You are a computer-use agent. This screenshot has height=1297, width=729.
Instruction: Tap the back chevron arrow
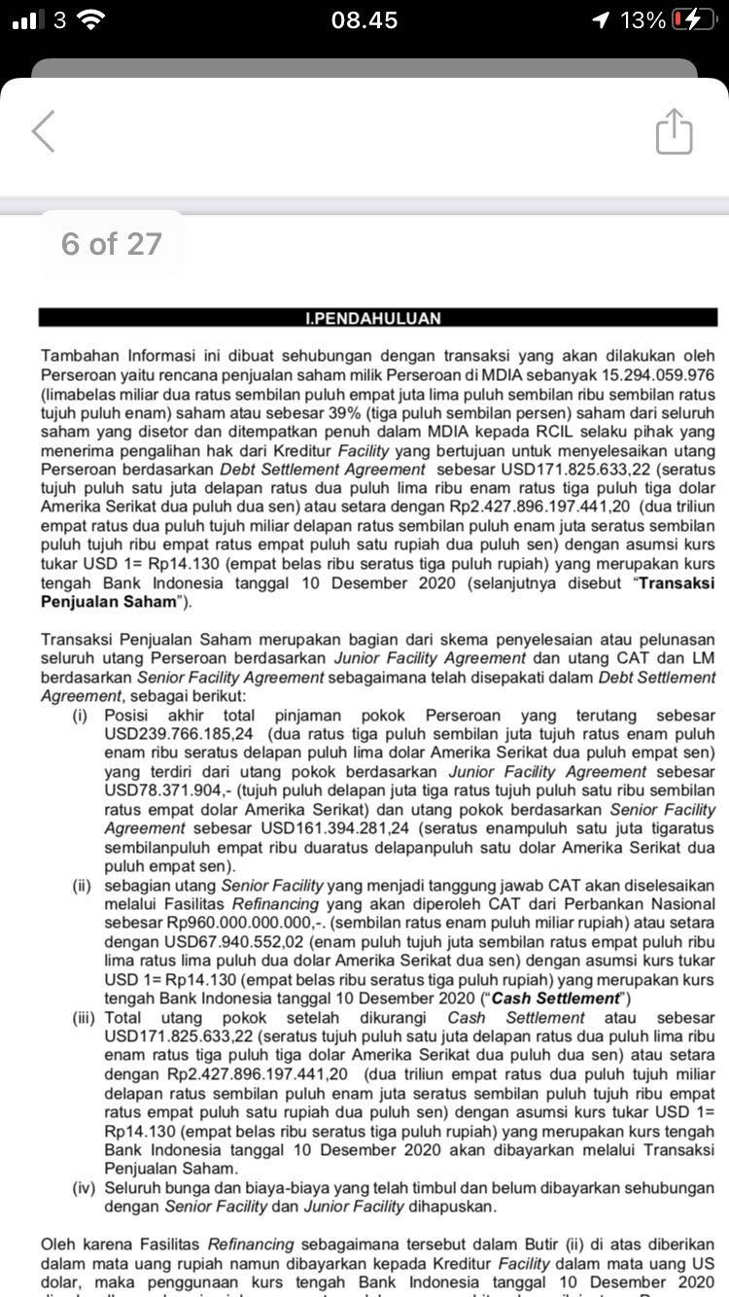click(x=44, y=130)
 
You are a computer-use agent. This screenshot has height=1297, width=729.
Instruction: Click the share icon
click(x=674, y=131)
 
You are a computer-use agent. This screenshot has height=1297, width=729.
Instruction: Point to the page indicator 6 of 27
click(x=111, y=244)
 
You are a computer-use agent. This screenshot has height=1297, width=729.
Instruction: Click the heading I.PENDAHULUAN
click(x=373, y=318)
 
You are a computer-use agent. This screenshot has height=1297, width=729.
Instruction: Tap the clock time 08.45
click(x=364, y=19)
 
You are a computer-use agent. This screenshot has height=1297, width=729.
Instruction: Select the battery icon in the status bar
click(x=692, y=19)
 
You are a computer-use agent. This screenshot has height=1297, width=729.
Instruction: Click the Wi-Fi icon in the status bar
click(x=91, y=19)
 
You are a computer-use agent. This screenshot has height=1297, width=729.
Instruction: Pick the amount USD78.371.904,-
click(x=165, y=790)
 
